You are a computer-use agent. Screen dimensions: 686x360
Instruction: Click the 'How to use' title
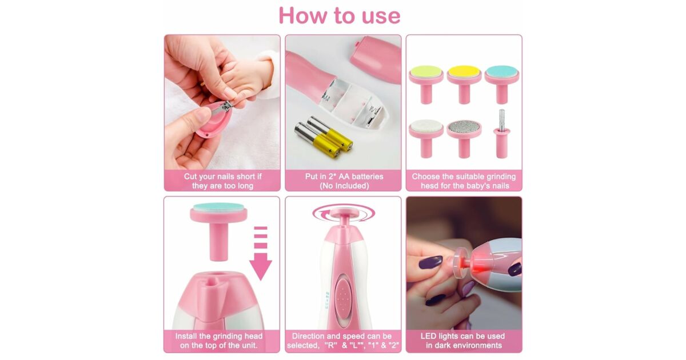coord(340,15)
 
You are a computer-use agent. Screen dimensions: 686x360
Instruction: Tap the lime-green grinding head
coord(426,83)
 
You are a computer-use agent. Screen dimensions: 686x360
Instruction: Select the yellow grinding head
coord(464,83)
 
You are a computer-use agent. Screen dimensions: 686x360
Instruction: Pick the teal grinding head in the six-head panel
coord(502,83)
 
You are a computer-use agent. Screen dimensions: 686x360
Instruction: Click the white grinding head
coord(426,138)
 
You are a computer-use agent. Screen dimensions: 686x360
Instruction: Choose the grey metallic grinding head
coord(464,138)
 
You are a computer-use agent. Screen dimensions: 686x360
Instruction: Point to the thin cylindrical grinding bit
coord(502,134)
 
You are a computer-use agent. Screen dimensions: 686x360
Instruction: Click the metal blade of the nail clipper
coord(222,108)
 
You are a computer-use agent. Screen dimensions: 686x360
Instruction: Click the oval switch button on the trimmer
coord(342,297)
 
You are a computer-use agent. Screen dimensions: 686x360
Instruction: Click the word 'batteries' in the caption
coord(368,177)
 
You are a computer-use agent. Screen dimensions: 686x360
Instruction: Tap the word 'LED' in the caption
coord(428,336)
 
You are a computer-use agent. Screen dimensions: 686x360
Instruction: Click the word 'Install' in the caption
coord(186,336)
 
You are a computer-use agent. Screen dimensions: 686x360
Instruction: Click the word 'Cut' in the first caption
coord(190,177)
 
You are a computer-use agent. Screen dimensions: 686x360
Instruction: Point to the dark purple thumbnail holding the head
coord(430,262)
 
